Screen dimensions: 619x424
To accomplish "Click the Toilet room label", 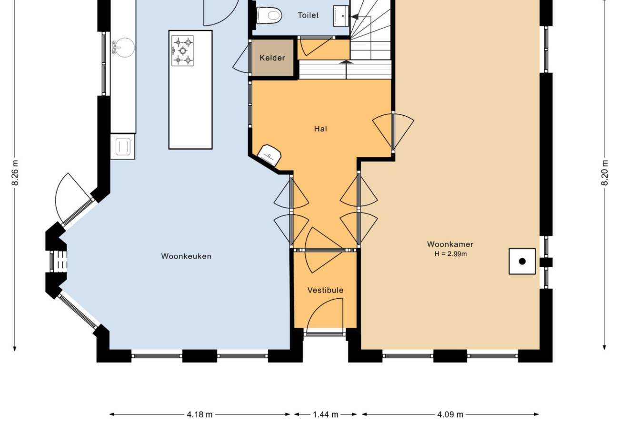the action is tap(308, 15).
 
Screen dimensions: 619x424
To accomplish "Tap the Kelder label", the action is tap(272, 58).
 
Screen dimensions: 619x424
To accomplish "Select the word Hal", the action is tap(320, 129).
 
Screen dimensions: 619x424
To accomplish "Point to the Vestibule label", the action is tap(325, 290).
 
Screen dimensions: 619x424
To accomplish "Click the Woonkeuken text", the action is tap(186, 256).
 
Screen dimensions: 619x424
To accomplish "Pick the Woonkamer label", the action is tap(450, 244).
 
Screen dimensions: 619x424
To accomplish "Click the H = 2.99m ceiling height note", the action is tap(451, 254).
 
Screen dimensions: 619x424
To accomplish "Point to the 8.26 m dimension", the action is tap(15, 173).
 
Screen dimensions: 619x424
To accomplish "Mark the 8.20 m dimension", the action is tap(605, 173).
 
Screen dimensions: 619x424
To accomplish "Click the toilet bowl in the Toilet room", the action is tap(269, 15).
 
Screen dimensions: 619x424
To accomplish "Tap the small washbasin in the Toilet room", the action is tap(341, 16).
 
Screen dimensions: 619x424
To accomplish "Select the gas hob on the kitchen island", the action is tap(182, 50).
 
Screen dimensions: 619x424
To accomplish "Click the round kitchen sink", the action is tap(125, 48).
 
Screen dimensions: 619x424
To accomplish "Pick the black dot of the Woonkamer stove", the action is tap(522, 261).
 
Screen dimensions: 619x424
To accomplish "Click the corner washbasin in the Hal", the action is tap(269, 156).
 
